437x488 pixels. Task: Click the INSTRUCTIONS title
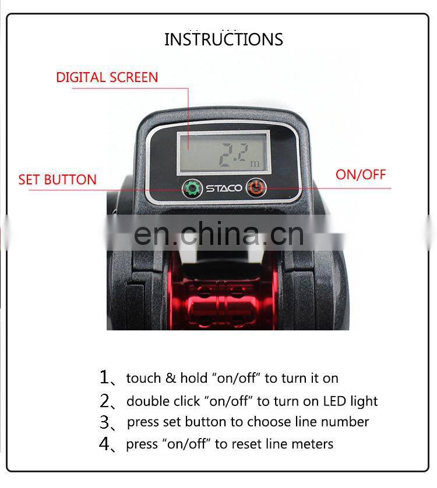coord(224,40)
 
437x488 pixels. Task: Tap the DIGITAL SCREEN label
coord(107,77)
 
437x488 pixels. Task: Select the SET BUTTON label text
coord(57,180)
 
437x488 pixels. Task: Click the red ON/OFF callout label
coord(361,174)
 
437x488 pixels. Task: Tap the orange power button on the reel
coord(256,188)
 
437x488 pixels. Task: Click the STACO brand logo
coord(224,188)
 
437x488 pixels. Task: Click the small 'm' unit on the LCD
coord(255,163)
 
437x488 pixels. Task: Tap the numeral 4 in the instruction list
coord(104,443)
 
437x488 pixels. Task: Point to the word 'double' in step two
coord(147,401)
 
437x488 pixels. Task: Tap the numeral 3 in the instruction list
coord(104,422)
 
